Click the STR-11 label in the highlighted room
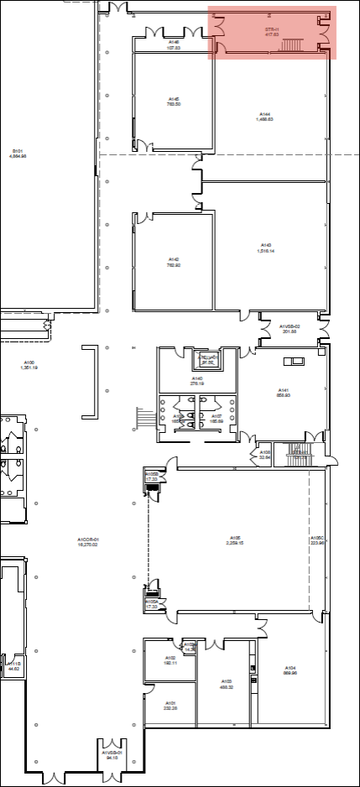click(271, 29)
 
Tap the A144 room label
click(264, 114)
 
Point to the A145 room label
click(174, 98)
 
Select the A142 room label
click(174, 260)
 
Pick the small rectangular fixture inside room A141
click(294, 362)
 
